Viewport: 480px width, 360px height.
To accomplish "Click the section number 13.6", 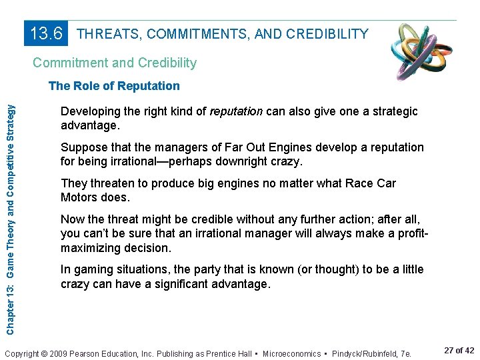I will pos(47,33).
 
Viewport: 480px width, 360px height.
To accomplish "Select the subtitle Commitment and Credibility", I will pos(115,63).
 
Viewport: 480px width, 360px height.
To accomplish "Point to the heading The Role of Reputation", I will pos(114,86).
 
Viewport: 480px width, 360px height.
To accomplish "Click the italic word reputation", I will pos(236,111).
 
